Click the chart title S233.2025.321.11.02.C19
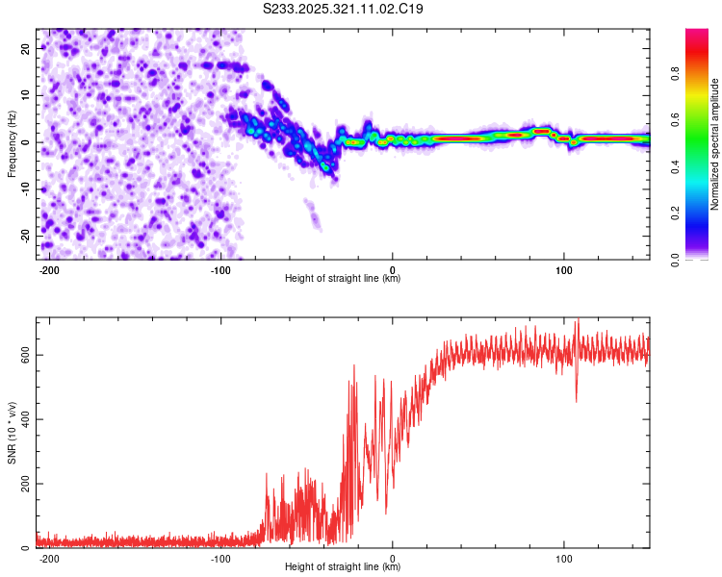(344, 10)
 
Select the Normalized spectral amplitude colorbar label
(714, 144)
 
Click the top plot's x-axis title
(343, 279)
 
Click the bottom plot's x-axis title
(343, 567)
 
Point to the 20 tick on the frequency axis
(26, 48)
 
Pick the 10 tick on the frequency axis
(26, 95)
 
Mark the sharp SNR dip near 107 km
(577, 399)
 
